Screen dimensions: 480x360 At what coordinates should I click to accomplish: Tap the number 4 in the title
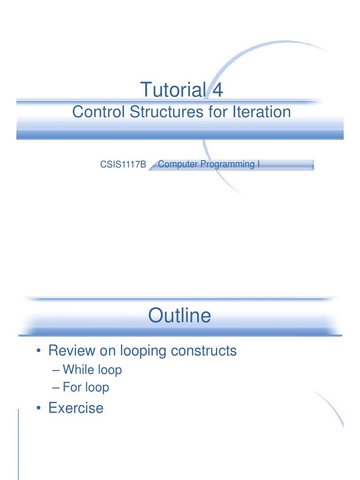tap(217, 90)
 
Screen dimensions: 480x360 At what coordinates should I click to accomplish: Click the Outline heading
tap(180, 315)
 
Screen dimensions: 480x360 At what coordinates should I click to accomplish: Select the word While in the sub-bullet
tap(78, 369)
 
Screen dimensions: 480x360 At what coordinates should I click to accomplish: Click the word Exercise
tap(76, 407)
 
